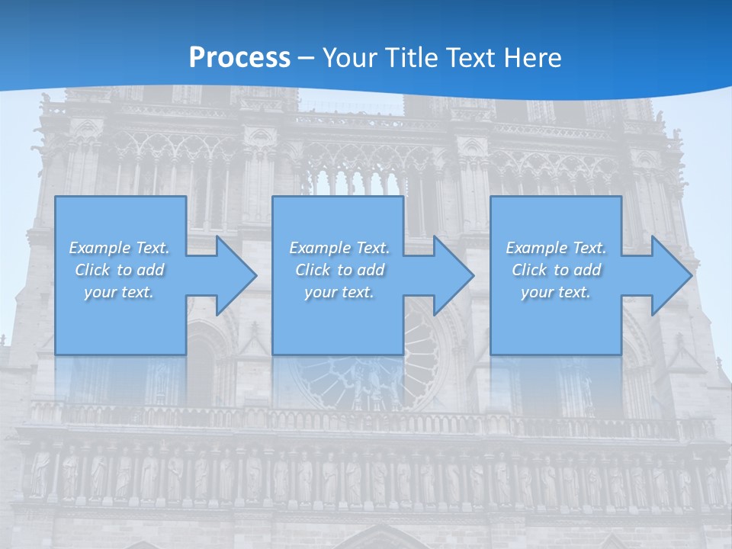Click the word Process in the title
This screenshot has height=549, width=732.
click(x=239, y=58)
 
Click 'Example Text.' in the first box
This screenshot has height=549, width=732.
click(x=119, y=248)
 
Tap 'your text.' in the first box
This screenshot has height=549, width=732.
click(x=119, y=292)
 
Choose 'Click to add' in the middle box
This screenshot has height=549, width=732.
click(x=339, y=270)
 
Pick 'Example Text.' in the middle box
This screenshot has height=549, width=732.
click(x=339, y=248)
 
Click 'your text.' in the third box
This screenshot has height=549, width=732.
click(x=556, y=292)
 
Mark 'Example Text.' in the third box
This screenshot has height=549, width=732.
click(x=556, y=248)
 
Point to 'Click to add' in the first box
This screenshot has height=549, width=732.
click(x=119, y=270)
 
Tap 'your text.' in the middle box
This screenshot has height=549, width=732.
click(x=339, y=292)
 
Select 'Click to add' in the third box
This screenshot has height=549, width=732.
click(x=556, y=270)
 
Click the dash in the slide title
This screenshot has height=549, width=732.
click(x=307, y=58)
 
